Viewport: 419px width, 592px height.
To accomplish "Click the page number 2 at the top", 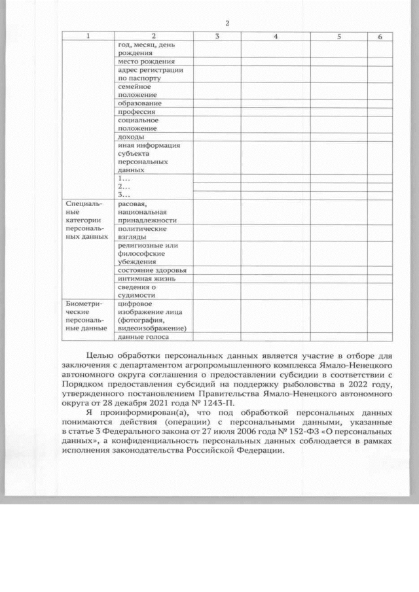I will (227, 24).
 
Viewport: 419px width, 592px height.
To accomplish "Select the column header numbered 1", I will (88, 37).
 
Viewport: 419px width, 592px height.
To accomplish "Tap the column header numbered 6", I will (380, 37).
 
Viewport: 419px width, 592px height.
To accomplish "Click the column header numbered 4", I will (276, 37).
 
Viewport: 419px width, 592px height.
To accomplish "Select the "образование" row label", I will (139, 103).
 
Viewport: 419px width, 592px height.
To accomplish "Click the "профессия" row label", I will (136, 112).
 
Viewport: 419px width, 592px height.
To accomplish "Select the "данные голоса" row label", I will (143, 337).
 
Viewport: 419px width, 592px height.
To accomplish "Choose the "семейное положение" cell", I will (135, 91).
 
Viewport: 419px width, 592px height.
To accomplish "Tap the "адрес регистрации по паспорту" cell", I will (150, 74).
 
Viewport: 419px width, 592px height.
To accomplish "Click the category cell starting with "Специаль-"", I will (86, 220).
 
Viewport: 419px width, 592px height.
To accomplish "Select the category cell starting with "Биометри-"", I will (86, 316).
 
